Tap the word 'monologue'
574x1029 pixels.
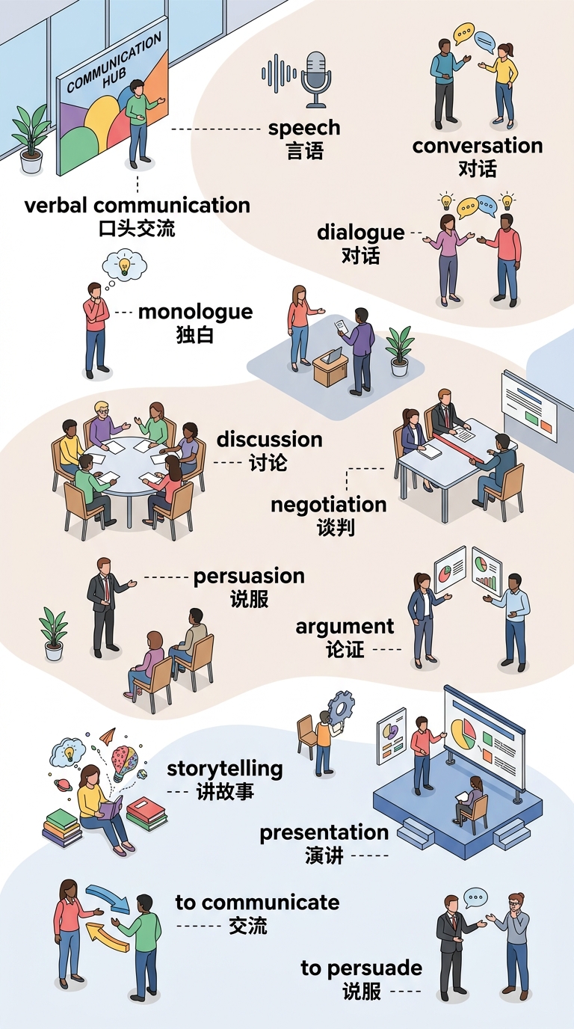(195, 313)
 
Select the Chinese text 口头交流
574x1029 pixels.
(137, 229)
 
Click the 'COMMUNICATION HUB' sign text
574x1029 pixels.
(114, 64)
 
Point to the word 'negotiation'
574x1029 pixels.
(329, 505)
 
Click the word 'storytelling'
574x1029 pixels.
(224, 769)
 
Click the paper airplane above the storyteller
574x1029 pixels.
(108, 735)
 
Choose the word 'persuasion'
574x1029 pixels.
(249, 576)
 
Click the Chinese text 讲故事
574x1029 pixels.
(225, 793)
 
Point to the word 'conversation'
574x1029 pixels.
(478, 146)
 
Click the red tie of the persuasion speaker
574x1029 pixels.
(107, 589)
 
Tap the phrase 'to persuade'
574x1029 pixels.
(362, 968)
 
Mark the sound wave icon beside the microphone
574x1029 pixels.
(279, 73)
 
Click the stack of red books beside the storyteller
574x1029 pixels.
(146, 813)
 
